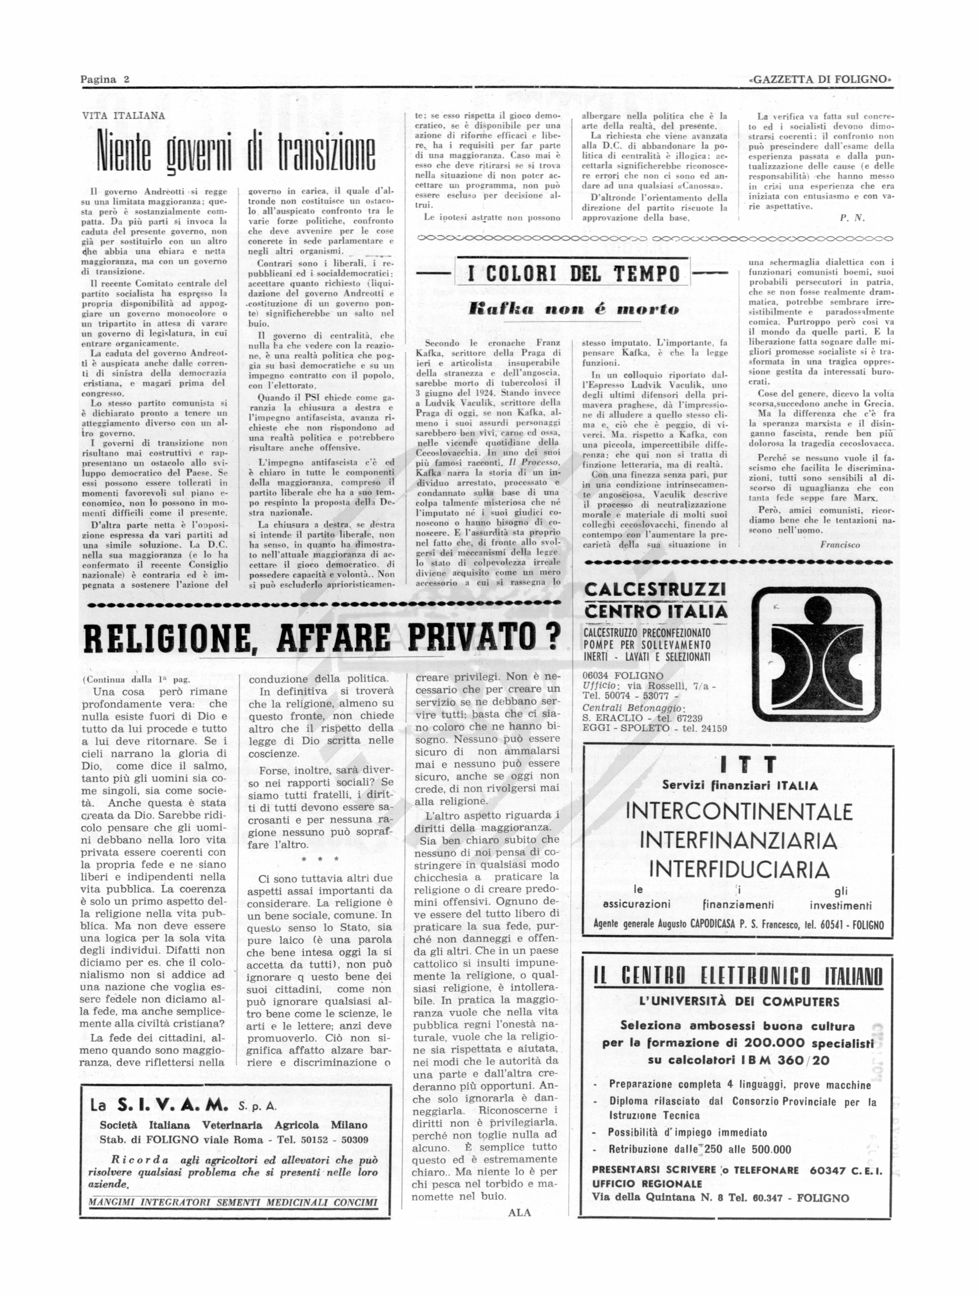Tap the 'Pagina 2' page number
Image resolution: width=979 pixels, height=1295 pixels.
pos(105,79)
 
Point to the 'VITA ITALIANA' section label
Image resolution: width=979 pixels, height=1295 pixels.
pos(123,116)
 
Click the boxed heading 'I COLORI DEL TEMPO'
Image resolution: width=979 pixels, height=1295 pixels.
pos(573,273)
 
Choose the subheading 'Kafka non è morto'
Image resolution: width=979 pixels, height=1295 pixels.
pos(573,310)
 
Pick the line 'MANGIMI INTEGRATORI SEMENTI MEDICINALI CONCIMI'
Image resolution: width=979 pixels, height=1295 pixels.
pos(233,1203)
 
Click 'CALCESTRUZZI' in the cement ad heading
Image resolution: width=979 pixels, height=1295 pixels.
pos(655,589)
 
